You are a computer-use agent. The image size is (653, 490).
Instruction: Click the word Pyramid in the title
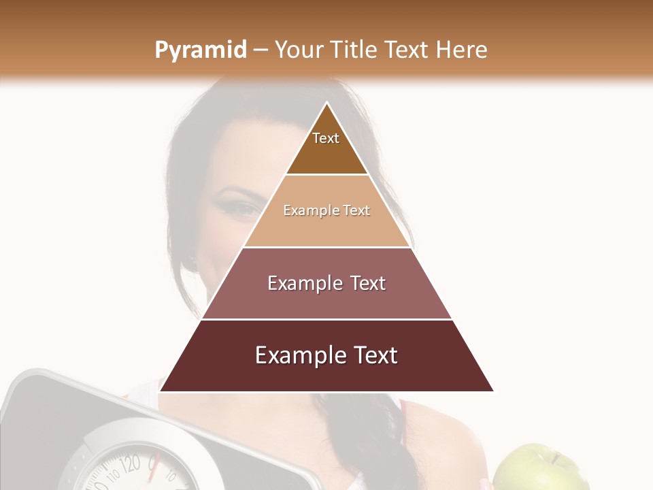(200, 50)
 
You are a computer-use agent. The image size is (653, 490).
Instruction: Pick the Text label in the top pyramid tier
(326, 138)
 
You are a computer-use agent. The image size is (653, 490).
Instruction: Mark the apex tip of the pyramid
(327, 103)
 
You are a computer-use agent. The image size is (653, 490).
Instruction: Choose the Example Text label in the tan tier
(326, 210)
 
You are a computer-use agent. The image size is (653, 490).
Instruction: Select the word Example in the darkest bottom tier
(295, 355)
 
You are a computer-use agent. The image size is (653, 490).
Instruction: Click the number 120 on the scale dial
(130, 465)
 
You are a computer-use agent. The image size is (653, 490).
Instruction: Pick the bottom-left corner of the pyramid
(160, 391)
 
